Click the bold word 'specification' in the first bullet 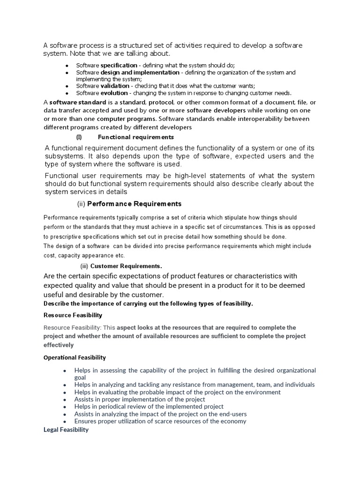point(119,65)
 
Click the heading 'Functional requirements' point(135,137)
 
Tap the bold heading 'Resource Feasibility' point(73,315)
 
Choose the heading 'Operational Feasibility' point(75,358)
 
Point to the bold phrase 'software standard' point(78,103)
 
